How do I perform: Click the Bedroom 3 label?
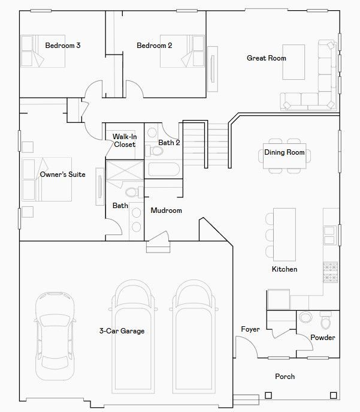tap(63, 46)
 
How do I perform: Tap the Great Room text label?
tap(267, 58)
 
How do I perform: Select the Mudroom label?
tap(166, 210)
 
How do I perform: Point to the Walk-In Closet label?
tap(125, 140)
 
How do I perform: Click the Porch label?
tap(285, 377)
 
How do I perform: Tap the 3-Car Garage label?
tap(122, 331)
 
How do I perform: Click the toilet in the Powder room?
tap(326, 320)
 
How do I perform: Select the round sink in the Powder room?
tap(305, 317)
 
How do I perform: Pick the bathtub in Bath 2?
tap(164, 169)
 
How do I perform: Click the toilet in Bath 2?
tap(155, 151)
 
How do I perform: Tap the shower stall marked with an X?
tap(125, 170)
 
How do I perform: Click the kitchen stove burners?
tap(331, 272)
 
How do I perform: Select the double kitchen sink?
tap(329, 236)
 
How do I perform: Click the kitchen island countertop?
tap(285, 234)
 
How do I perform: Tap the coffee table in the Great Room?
tap(294, 62)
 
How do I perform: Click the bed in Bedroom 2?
tap(182, 51)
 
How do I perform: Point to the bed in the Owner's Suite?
tap(47, 179)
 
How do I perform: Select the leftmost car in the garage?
tap(55, 336)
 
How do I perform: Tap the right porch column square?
tap(333, 395)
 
